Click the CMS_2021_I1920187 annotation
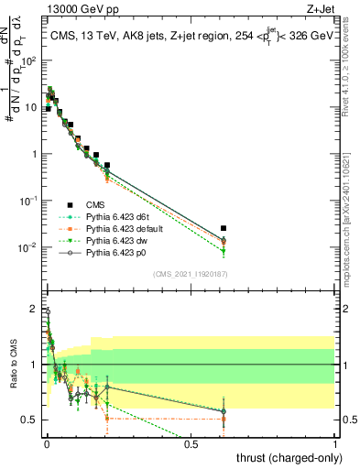190,274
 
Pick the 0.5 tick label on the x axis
191,443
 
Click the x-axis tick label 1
335,443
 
